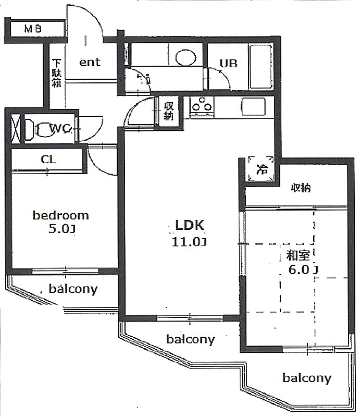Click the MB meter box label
tap(33, 29)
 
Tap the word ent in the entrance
tap(90, 62)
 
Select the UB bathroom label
tap(228, 63)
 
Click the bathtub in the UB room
tap(260, 67)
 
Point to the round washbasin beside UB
tap(186, 57)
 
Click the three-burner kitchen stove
tap(202, 107)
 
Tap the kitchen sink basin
tap(253, 107)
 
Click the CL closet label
tap(48, 160)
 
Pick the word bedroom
tap(60, 215)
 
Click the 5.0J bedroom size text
tap(61, 229)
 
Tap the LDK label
tap(190, 225)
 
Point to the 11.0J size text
tap(189, 242)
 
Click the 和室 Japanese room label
tap(298, 255)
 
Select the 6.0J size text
tap(303, 269)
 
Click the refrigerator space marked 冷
tap(261, 168)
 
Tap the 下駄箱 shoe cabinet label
tap(56, 73)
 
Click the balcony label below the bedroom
tap(73, 289)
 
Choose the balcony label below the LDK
tap(190, 339)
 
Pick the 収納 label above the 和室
tap(301, 188)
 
